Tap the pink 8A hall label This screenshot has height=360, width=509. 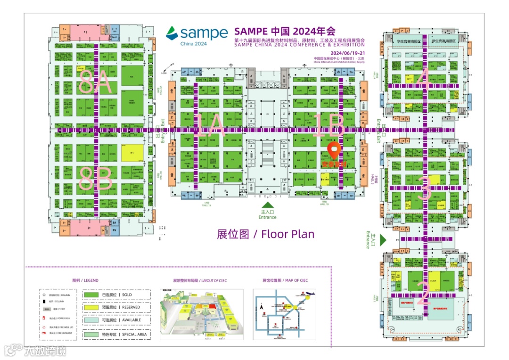96,83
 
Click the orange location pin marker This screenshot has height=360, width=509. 334,150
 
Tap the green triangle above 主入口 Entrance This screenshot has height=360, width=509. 267,205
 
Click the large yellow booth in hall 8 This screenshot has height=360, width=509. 132,153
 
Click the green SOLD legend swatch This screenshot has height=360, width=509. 91,295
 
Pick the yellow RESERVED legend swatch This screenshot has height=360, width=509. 91,308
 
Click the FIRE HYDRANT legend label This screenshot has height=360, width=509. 64,333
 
